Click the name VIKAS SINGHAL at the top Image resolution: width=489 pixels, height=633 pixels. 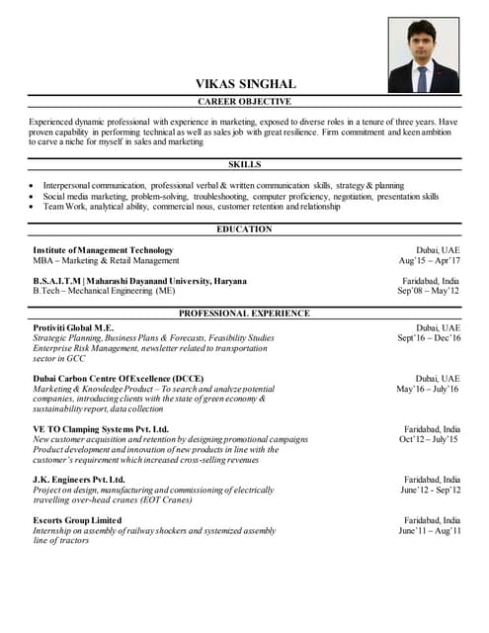(244, 84)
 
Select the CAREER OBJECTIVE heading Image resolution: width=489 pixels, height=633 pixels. (244, 102)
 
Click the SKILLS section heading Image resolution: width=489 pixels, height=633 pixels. (244, 164)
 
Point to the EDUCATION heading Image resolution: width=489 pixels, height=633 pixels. (244, 229)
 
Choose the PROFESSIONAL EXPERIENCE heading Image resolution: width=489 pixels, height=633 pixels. (244, 314)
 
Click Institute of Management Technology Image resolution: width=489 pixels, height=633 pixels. (103, 250)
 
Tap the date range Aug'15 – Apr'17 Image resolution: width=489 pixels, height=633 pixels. (429, 261)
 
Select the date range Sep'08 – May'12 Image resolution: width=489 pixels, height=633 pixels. (429, 292)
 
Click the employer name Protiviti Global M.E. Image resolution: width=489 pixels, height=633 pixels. (73, 327)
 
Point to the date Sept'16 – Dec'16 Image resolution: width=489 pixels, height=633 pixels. (429, 338)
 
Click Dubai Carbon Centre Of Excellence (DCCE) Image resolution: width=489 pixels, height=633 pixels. (118, 379)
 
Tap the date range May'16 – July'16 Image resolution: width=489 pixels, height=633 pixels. (429, 390)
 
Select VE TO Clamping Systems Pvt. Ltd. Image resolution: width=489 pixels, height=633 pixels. (101, 429)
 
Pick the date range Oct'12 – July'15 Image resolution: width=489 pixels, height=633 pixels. (430, 440)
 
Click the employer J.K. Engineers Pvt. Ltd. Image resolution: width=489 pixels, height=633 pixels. (79, 480)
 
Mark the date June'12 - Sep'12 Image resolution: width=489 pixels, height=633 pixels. (430, 491)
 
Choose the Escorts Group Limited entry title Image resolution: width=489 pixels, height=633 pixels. (77, 520)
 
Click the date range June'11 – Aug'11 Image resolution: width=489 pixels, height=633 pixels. (430, 531)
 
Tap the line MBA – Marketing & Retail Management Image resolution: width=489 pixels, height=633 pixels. (106, 261)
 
